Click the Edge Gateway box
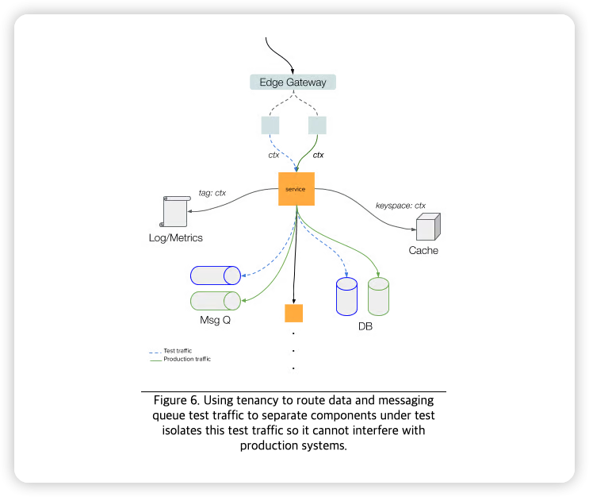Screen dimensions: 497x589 (293, 82)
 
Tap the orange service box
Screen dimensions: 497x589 (296, 189)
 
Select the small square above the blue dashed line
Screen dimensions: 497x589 (270, 125)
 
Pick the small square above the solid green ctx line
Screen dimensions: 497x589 (317, 125)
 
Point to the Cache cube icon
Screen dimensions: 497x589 (427, 227)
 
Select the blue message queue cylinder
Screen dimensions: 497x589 (216, 275)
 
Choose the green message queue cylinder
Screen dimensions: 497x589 (216, 301)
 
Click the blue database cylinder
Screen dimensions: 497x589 (346, 297)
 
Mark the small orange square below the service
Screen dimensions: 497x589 (294, 313)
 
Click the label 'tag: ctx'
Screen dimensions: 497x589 (212, 193)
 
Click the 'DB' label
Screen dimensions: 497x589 (365, 326)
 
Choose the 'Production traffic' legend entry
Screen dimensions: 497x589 (187, 360)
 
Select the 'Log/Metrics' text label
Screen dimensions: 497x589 (176, 238)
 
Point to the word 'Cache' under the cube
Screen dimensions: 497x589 (423, 251)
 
